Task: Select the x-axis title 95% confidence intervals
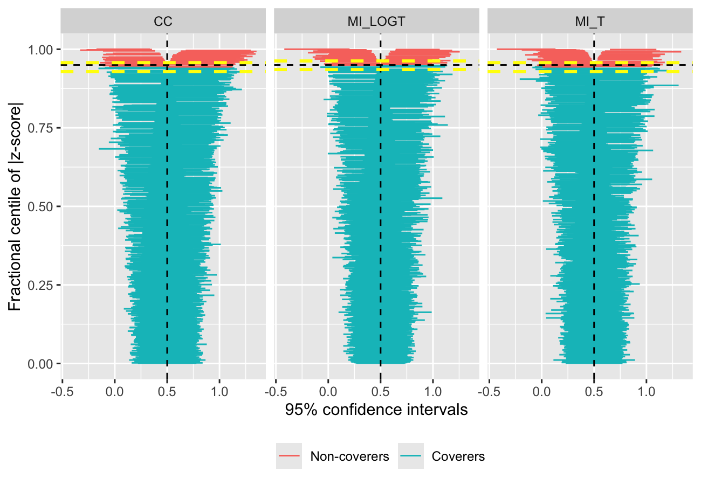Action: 376,410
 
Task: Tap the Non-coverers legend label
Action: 349,456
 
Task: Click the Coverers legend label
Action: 458,456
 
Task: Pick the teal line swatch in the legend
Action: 411,456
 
